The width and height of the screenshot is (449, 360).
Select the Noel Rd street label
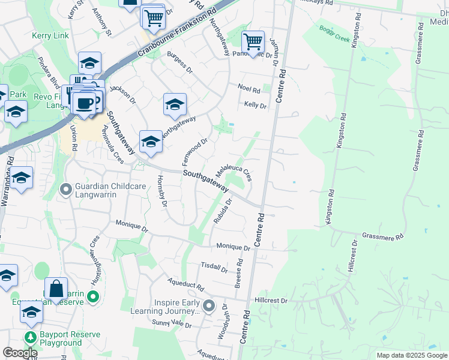249,90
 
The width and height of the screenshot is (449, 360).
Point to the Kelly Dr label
255,105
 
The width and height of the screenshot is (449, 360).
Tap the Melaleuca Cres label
234,170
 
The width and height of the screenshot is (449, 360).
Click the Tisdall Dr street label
214,266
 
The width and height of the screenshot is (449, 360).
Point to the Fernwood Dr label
194,152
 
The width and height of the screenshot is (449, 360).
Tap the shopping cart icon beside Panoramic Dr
253,41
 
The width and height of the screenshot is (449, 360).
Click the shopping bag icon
56,289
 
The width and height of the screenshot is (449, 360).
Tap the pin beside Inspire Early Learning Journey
209,307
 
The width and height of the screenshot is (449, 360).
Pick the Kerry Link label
50,35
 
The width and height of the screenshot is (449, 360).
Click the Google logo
19,353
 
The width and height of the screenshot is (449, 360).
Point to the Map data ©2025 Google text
411,355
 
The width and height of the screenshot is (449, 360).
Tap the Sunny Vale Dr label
171,324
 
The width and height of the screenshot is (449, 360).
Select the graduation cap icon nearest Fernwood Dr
151,142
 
